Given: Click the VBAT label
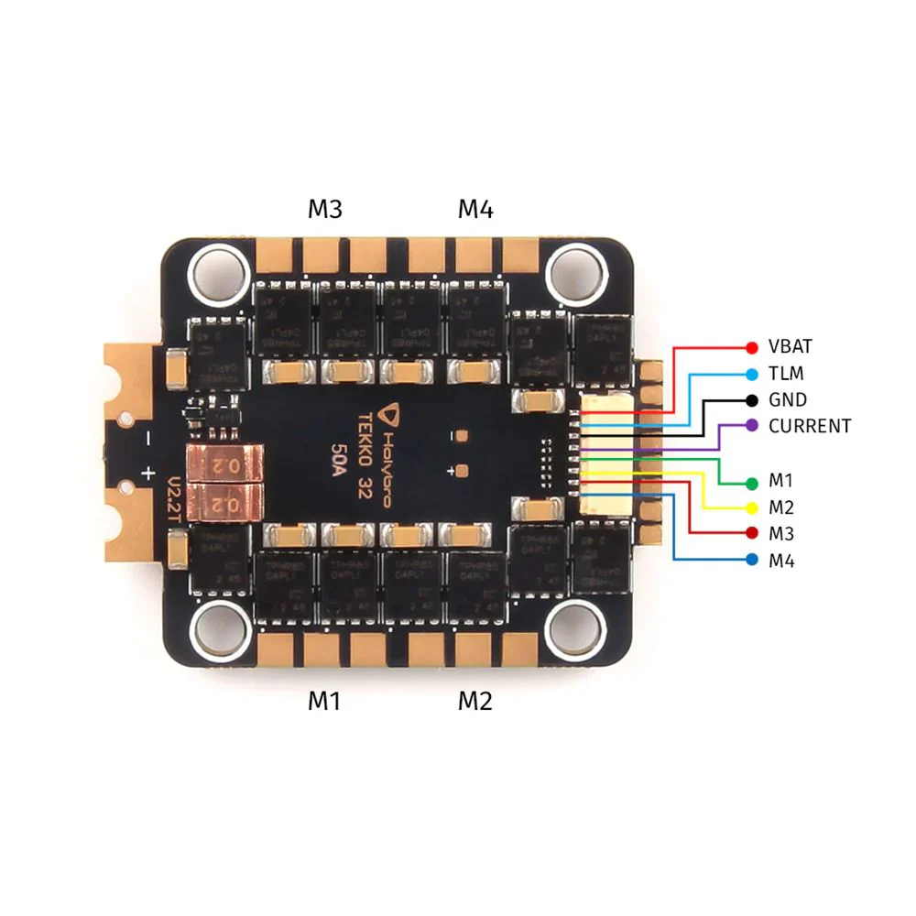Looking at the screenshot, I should coord(791,347).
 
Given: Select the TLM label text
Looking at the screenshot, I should coord(784,374).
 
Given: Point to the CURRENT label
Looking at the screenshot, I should coord(810,426).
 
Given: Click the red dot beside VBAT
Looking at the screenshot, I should coord(752,347).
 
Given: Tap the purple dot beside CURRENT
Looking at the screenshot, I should coord(752,426).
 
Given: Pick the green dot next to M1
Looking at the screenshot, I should coord(752,482).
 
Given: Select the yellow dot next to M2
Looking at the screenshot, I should coord(752,507).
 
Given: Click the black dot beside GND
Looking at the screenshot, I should coord(752,400).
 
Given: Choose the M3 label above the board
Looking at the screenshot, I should coord(324,210).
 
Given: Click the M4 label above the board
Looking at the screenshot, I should coord(475,210).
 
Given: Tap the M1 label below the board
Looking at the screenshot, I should coord(324,701).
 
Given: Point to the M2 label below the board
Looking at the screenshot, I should coord(475,701).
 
